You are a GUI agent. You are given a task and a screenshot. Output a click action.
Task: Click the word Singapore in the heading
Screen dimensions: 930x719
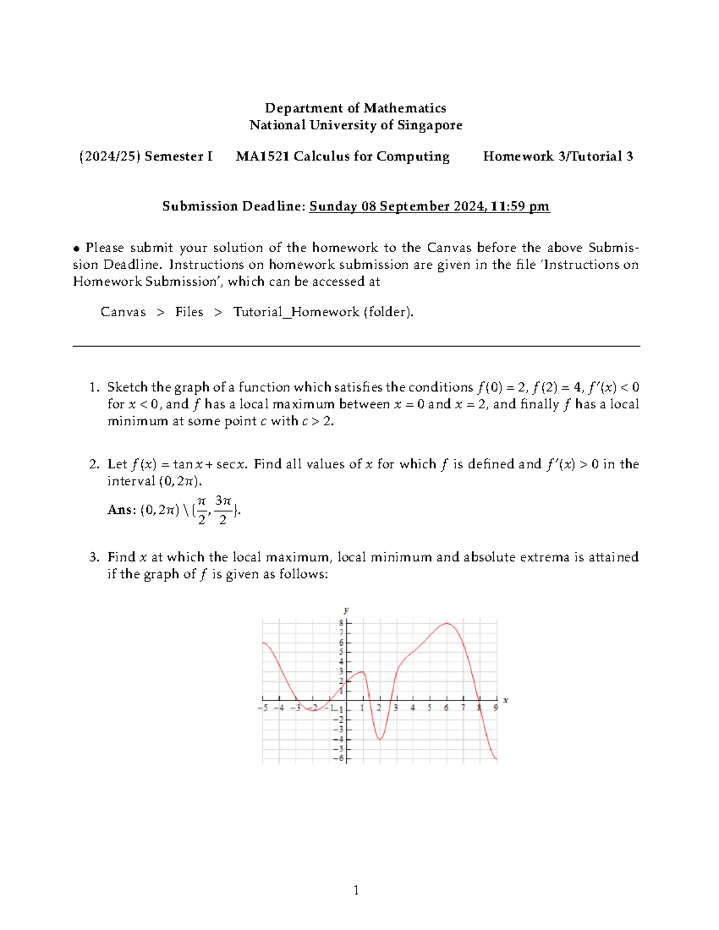(430, 125)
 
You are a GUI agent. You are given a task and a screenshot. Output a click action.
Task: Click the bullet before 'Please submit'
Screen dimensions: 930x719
(77, 249)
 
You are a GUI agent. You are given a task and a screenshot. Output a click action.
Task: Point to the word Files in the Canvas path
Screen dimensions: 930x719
(189, 312)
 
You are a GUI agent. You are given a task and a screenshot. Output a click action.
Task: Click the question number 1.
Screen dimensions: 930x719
(93, 387)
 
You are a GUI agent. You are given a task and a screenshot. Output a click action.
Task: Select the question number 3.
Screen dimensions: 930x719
(93, 557)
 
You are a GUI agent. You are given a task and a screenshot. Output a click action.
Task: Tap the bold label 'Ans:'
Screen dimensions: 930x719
(122, 510)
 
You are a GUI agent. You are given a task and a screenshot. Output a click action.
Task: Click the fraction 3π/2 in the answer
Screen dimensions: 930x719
(223, 510)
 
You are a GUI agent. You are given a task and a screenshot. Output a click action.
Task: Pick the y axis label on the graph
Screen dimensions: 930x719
(346, 610)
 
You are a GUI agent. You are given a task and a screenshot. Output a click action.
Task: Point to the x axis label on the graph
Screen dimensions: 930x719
(506, 699)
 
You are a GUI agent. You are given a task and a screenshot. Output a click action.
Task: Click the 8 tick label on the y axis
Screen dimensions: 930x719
(342, 623)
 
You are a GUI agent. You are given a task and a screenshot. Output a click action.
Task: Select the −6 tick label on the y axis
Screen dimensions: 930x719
(340, 758)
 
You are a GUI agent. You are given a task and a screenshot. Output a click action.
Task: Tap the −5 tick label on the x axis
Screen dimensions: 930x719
(262, 708)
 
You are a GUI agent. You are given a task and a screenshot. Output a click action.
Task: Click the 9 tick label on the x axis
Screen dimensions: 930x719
(496, 708)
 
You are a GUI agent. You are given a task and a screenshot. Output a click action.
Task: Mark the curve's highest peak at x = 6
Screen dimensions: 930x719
(446, 623)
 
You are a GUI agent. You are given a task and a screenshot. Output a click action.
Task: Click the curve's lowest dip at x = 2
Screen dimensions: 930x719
(380, 740)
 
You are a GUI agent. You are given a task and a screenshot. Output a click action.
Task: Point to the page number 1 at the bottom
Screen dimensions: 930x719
(356, 890)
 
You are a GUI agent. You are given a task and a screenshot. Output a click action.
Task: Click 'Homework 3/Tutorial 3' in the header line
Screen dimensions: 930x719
(558, 156)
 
